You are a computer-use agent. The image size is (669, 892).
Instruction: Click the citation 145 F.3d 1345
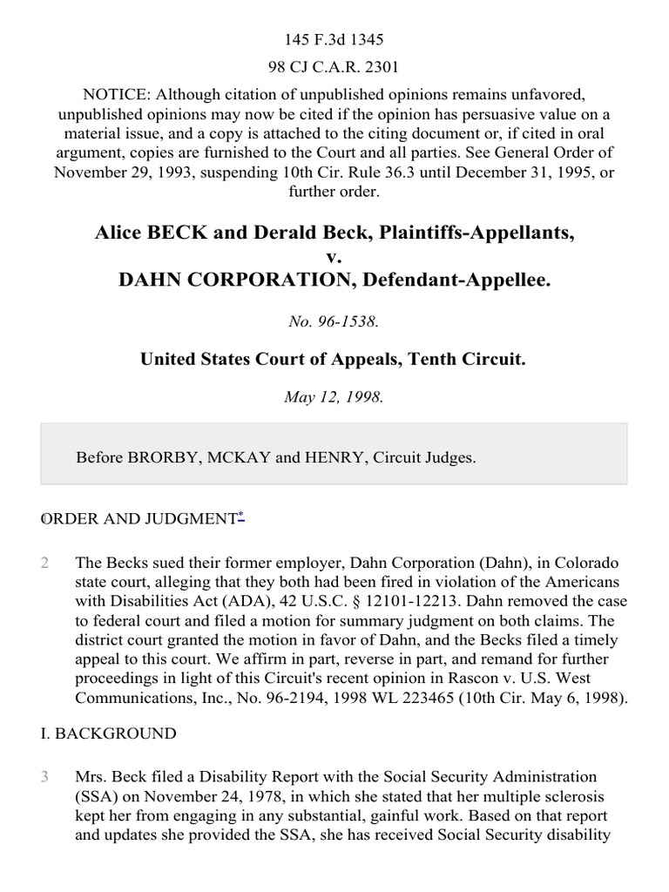click(334, 40)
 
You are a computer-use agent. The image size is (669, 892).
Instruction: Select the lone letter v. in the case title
click(334, 257)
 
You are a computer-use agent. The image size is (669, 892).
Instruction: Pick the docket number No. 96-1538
click(334, 321)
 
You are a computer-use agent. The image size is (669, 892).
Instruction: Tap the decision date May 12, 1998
click(334, 397)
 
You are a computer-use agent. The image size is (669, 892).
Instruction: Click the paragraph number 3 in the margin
click(45, 776)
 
